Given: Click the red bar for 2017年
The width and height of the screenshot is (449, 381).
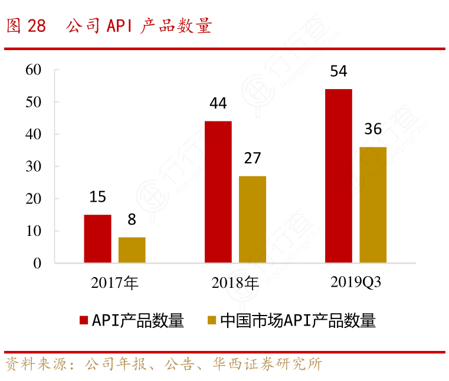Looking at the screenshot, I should (97, 239).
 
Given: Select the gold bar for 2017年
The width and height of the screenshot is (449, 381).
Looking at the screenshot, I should (132, 250).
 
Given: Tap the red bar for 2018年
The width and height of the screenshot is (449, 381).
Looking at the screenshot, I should (218, 192).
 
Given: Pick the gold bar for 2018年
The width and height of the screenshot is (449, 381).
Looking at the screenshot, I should (253, 219).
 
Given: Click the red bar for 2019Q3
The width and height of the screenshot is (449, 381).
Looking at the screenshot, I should (339, 176).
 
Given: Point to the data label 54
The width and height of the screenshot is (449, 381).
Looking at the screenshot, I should (339, 72).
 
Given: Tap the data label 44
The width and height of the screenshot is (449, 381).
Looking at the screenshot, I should (218, 104).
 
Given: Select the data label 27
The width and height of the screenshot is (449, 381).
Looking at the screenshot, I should (253, 159).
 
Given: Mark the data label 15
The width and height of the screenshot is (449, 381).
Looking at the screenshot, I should (97, 198).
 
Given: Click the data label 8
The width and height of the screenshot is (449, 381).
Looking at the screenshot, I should (132, 220).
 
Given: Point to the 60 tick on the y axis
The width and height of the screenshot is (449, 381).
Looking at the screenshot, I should (34, 70).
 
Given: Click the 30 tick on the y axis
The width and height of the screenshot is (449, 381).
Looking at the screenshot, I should (34, 166).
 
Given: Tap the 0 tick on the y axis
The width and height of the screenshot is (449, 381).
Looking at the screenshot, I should (37, 263).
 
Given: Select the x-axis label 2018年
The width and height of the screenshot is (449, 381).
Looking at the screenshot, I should (235, 283).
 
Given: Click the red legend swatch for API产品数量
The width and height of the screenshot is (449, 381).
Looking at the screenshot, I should (84, 321).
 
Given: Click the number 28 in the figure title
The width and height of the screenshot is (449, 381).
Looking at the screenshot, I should (36, 27).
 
